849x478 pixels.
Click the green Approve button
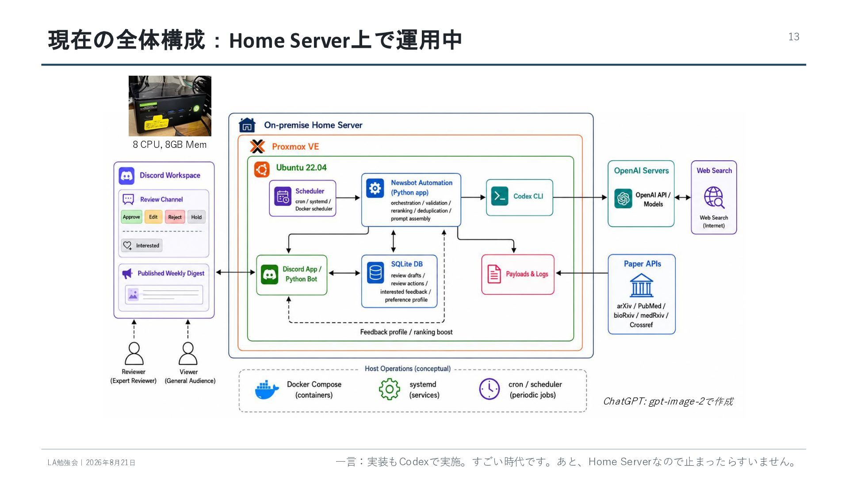pyautogui.click(x=131, y=217)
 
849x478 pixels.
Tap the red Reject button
pyautogui.click(x=175, y=217)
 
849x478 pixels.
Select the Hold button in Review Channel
pyautogui.click(x=196, y=217)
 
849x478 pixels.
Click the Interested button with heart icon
pyautogui.click(x=141, y=245)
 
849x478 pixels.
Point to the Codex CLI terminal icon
pyautogui.click(x=500, y=196)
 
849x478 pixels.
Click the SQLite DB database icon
pyautogui.click(x=375, y=273)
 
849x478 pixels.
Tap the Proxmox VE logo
pyautogui.click(x=257, y=146)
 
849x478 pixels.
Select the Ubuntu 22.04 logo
pyautogui.click(x=262, y=169)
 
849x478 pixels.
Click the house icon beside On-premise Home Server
pyautogui.click(x=247, y=125)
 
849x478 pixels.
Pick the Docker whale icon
pyautogui.click(x=267, y=390)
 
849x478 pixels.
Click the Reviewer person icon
pyautogui.click(x=134, y=353)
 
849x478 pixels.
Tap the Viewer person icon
pyautogui.click(x=188, y=353)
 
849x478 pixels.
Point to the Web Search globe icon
pyautogui.click(x=714, y=197)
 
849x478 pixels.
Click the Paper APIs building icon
pyautogui.click(x=641, y=285)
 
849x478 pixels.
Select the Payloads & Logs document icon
pyautogui.click(x=494, y=274)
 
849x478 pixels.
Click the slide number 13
pyautogui.click(x=794, y=37)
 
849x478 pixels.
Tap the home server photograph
pyautogui.click(x=170, y=106)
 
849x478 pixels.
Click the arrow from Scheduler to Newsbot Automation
pyautogui.click(x=348, y=198)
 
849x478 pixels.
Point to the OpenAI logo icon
pyautogui.click(x=623, y=198)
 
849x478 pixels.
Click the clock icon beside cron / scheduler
pyautogui.click(x=490, y=389)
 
